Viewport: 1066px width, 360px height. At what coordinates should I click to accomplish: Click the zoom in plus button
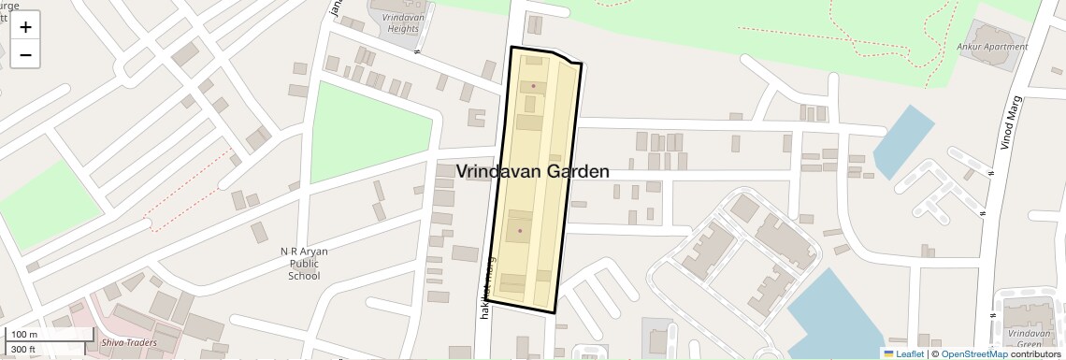click(25, 26)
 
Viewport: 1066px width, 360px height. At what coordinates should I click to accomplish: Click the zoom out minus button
click(25, 54)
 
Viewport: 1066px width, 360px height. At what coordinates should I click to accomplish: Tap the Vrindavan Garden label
click(533, 172)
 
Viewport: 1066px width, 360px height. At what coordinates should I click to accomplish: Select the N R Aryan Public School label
click(305, 264)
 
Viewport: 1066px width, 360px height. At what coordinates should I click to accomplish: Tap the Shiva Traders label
click(130, 342)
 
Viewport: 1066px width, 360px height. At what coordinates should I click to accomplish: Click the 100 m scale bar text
click(24, 335)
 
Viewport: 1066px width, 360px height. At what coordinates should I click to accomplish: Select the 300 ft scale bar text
click(24, 350)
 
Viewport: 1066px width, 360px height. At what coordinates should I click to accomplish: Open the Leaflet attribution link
click(904, 353)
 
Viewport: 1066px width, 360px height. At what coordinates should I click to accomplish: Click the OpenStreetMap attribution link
click(973, 353)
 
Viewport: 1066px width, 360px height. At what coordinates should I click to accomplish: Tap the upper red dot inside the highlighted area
click(534, 87)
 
